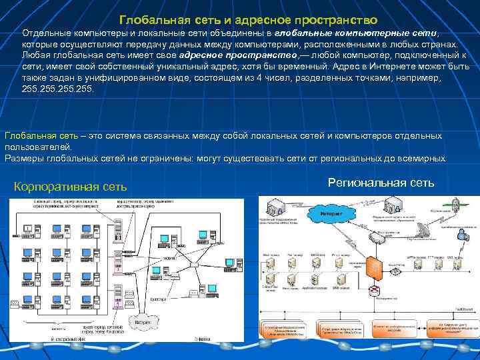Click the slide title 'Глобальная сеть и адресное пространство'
click(x=248, y=21)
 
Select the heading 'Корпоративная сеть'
click(x=70, y=186)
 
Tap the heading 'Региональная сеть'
click(x=381, y=182)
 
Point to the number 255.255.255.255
click(x=59, y=87)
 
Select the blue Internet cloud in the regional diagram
click(x=331, y=213)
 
